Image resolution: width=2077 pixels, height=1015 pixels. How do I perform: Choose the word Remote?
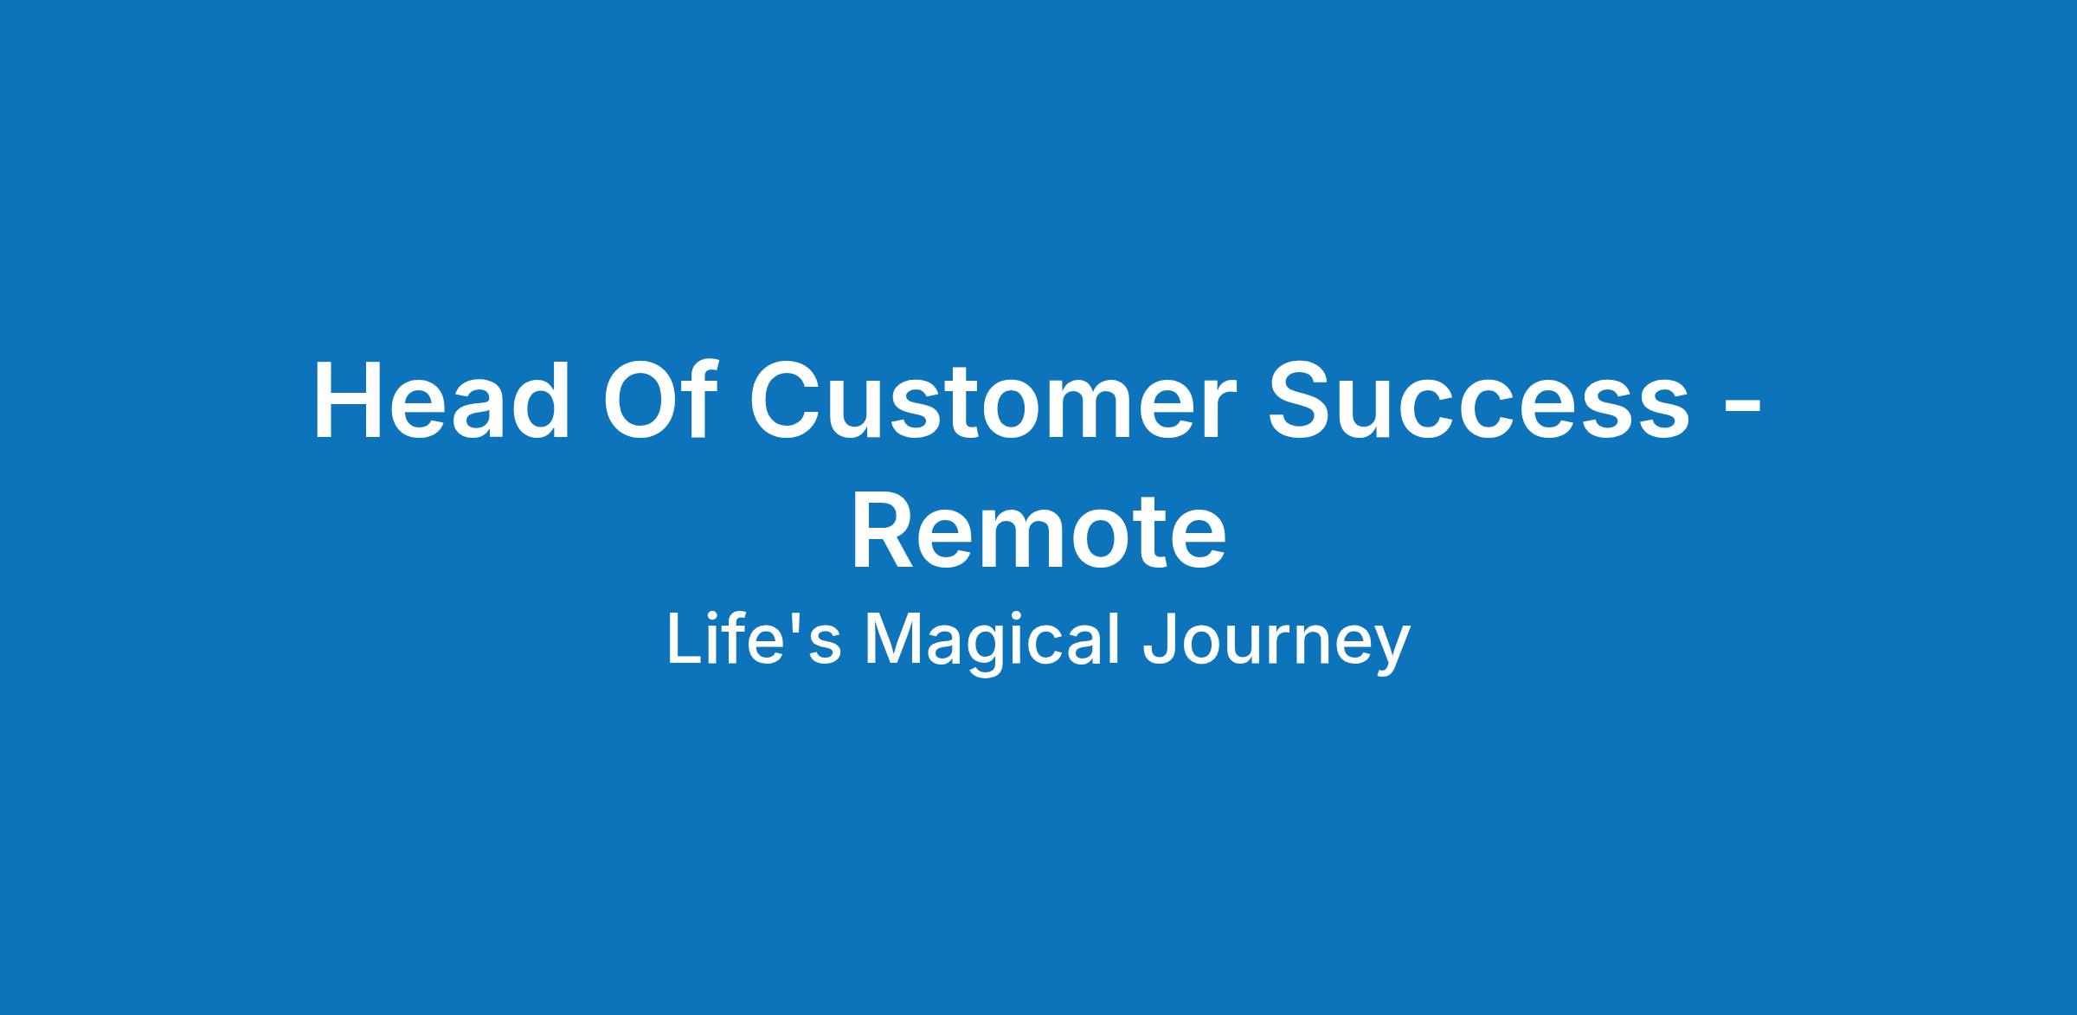click(x=1038, y=530)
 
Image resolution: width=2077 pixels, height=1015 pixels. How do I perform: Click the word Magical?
click(x=992, y=645)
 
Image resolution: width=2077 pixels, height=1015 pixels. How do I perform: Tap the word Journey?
click(x=1276, y=645)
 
